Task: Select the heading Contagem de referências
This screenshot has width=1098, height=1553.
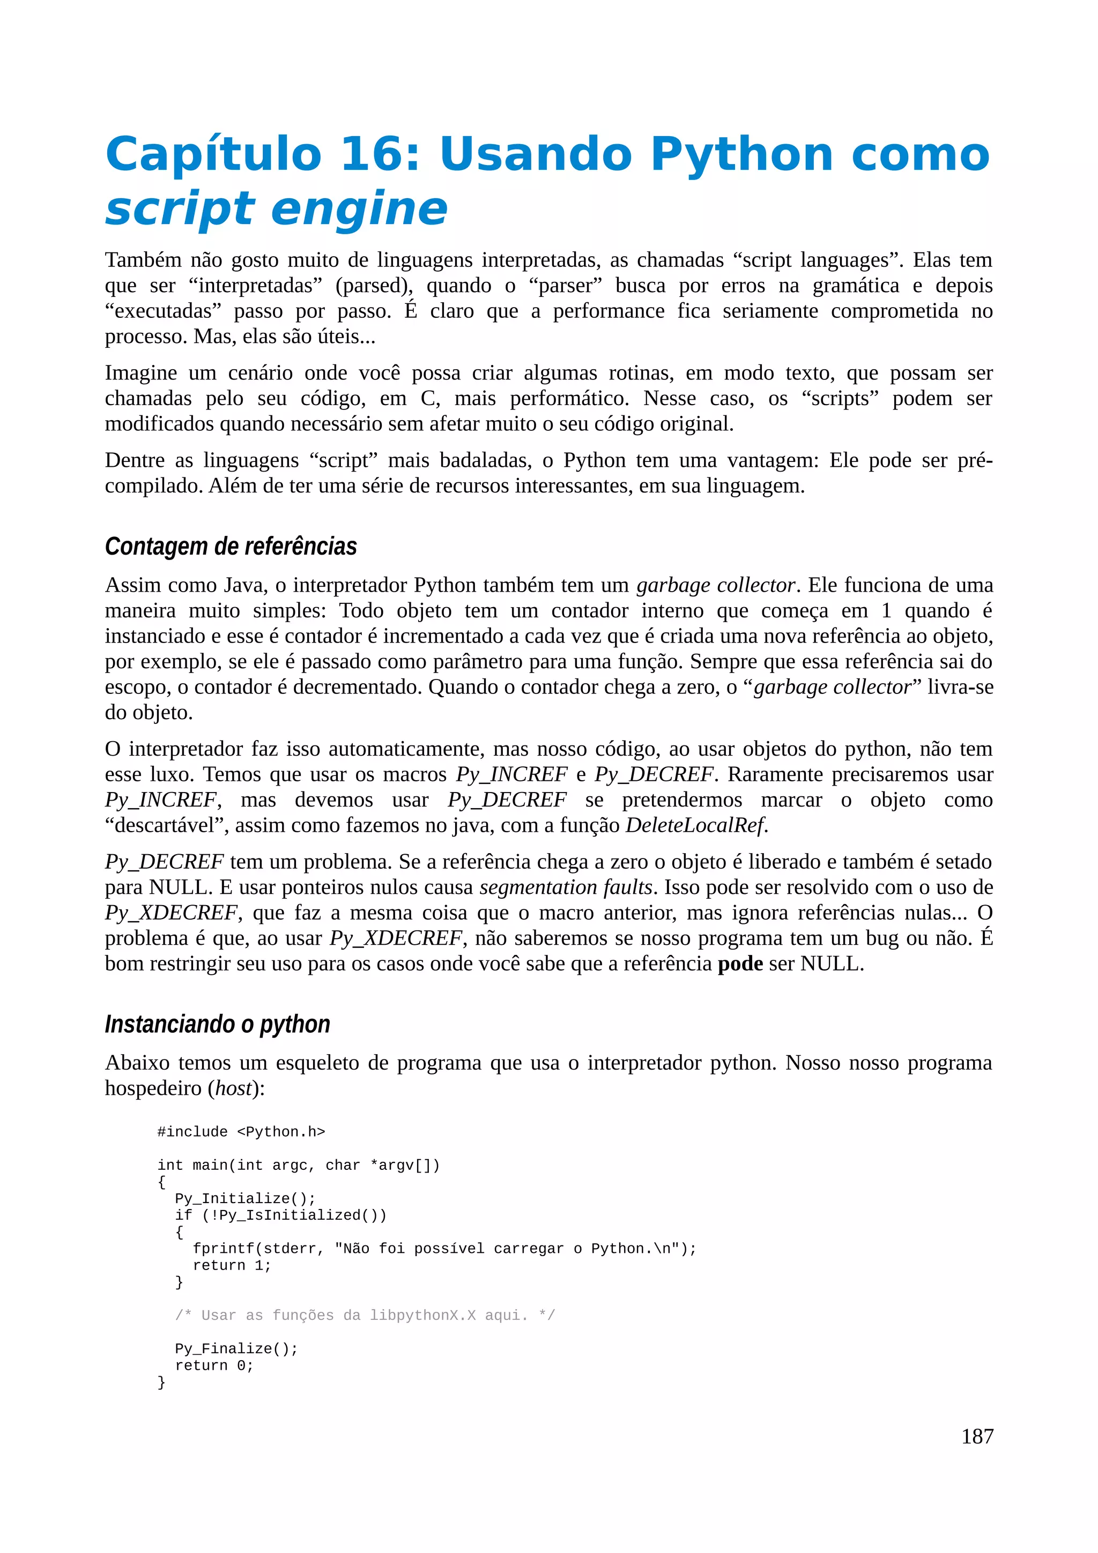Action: pos(231,546)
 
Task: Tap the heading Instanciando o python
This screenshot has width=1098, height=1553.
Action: pos(217,1024)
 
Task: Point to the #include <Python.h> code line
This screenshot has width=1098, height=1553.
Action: pos(241,1132)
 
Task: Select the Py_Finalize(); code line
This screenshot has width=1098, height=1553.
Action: pos(236,1348)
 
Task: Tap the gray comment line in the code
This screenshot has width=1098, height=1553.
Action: pos(365,1315)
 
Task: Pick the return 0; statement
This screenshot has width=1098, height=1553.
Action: pos(214,1365)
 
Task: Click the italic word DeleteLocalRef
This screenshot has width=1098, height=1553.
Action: pos(695,825)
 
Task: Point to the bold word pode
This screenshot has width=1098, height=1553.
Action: pos(740,963)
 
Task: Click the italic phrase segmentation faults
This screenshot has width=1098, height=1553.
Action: pos(566,887)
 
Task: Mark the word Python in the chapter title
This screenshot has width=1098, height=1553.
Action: pos(741,154)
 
